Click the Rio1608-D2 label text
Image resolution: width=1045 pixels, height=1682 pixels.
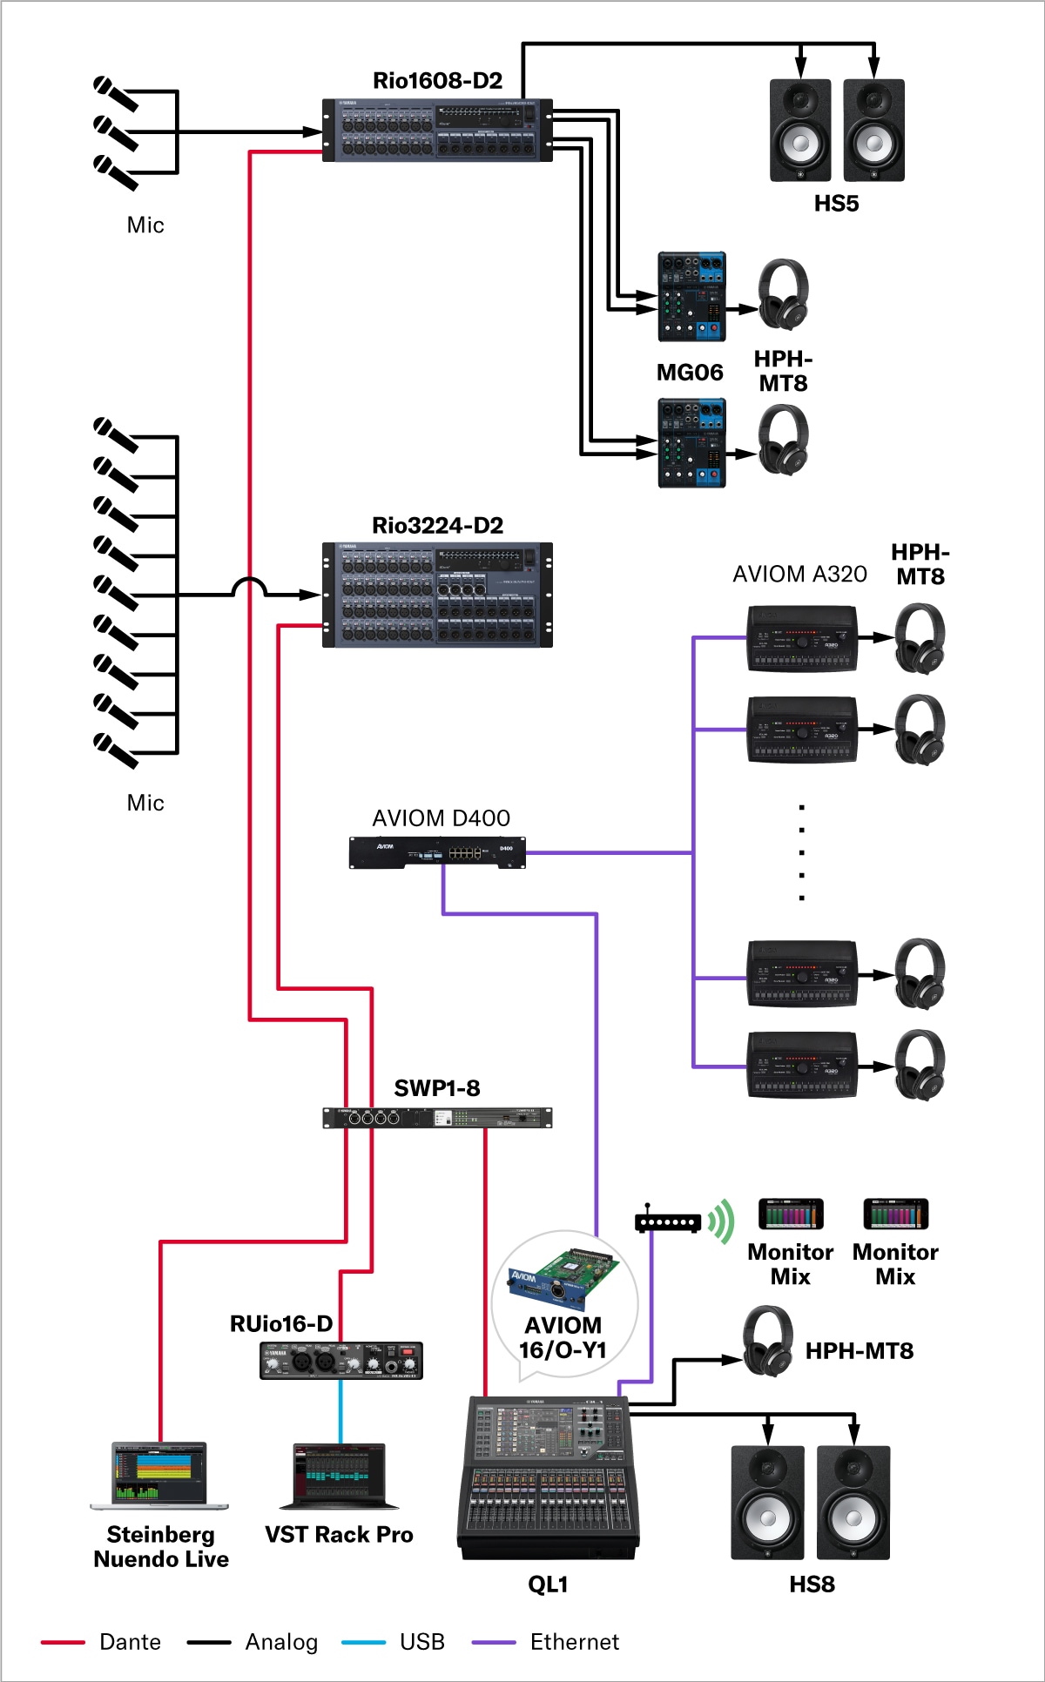tap(437, 81)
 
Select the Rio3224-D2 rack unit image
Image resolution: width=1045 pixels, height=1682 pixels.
tap(437, 595)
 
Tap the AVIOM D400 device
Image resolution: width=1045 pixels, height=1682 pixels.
tap(437, 852)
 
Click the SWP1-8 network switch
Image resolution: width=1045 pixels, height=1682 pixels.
tap(437, 1118)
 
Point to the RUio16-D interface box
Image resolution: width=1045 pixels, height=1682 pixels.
tap(341, 1360)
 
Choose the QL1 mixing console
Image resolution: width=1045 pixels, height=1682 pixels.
tap(548, 1477)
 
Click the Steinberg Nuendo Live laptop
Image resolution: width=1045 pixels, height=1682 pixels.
tap(159, 1475)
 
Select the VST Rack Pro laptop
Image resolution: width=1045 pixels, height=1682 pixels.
tap(340, 1477)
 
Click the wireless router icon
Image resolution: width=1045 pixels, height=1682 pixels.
tap(668, 1221)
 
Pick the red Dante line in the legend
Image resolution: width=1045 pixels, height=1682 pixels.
tap(63, 1643)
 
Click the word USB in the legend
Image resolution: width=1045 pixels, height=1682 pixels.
tap(422, 1642)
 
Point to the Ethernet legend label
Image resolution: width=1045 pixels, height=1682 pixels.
tap(575, 1642)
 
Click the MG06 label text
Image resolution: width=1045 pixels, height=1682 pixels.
tap(690, 373)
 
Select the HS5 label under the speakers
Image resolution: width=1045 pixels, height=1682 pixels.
tap(836, 204)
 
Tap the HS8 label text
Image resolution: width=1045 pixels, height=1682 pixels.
tap(812, 1584)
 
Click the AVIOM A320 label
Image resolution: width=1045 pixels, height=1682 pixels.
tap(799, 575)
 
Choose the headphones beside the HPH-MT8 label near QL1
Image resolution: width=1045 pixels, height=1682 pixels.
tap(768, 1342)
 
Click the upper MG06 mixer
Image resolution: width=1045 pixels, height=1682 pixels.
tap(691, 297)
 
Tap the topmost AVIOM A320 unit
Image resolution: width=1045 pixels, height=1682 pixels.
tap(802, 640)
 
